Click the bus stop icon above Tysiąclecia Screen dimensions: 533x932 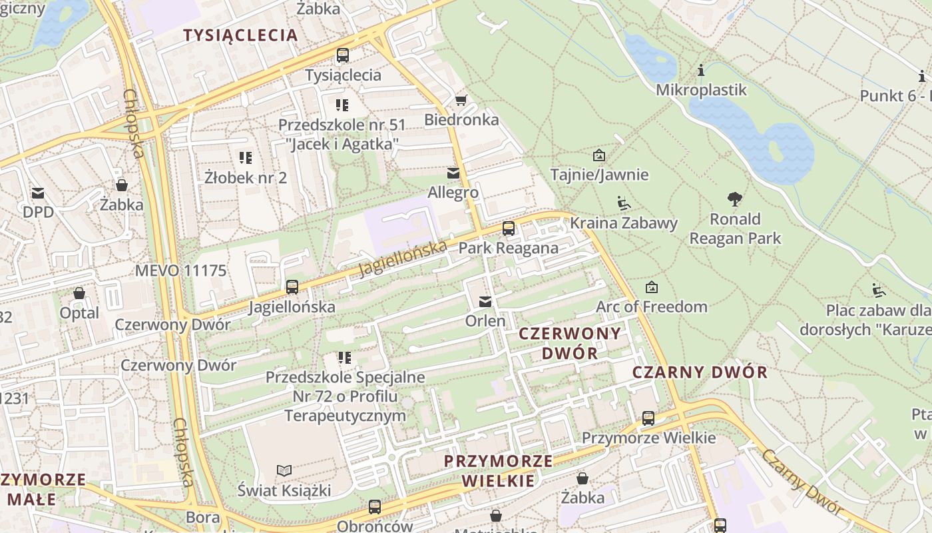click(x=343, y=55)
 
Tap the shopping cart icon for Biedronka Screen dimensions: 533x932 click(x=461, y=101)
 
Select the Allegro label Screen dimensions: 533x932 click(x=453, y=193)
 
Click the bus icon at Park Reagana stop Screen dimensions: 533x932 click(x=509, y=229)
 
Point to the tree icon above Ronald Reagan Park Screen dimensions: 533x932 click(x=735, y=199)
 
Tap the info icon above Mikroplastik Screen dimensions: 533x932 click(x=701, y=70)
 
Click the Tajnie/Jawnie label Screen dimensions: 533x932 click(x=599, y=175)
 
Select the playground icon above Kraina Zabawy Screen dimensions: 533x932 click(x=624, y=203)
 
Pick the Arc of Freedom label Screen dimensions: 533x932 click(x=651, y=306)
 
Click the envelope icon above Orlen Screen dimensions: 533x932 click(x=485, y=302)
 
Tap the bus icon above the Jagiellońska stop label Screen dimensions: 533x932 click(x=292, y=287)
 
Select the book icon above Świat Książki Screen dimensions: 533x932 click(x=284, y=471)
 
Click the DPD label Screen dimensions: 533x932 click(x=38, y=212)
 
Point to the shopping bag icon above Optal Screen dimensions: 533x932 click(x=79, y=293)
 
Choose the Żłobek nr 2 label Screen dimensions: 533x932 click(x=246, y=177)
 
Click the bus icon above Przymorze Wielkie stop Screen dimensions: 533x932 click(x=648, y=418)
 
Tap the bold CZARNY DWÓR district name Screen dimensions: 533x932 click(x=700, y=372)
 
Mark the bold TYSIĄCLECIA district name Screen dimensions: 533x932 click(x=240, y=35)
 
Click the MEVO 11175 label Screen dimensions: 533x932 click(x=180, y=271)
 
